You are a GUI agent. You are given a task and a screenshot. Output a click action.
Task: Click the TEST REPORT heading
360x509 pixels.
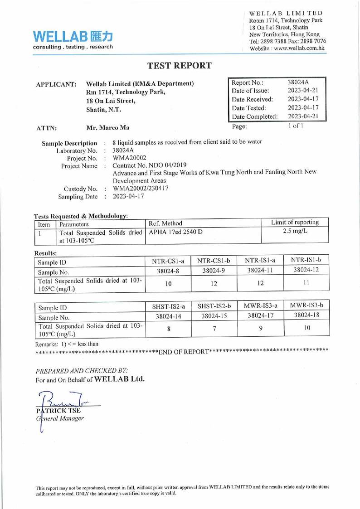pos(180,66)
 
